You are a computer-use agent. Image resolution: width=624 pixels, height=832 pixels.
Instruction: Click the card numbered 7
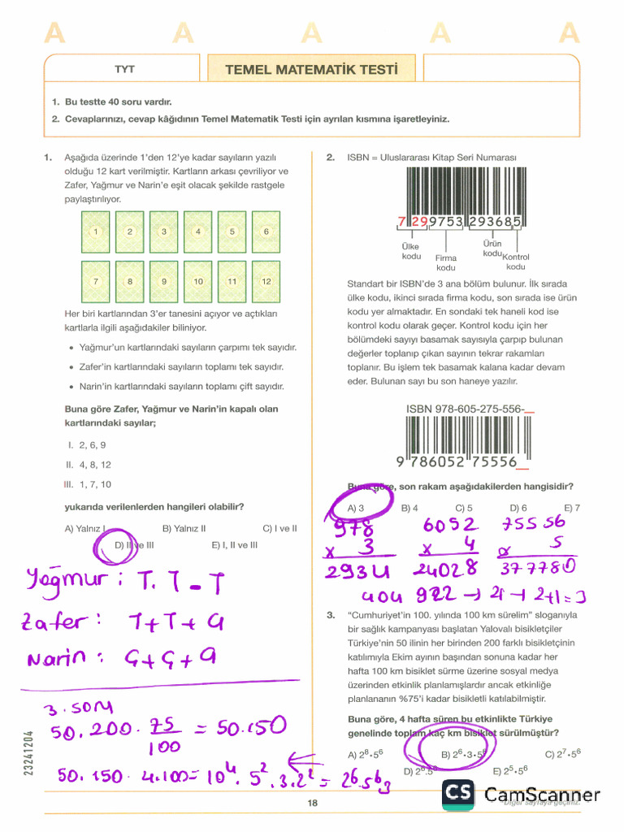96,281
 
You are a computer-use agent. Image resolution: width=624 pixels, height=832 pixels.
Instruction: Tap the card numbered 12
266,281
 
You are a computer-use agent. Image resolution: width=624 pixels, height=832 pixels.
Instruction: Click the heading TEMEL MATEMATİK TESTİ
311,70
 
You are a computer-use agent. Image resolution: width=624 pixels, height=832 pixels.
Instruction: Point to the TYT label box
124,70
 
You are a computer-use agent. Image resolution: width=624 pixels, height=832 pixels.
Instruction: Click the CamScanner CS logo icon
459,795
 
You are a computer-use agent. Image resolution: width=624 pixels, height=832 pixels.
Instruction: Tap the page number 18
312,804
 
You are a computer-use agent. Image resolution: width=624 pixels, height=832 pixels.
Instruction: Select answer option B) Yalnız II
184,528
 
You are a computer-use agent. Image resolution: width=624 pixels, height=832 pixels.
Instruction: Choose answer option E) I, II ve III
234,545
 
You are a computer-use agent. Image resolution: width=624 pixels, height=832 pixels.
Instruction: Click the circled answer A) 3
355,508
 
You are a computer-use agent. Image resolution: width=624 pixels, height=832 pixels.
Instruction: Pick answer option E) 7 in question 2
572,508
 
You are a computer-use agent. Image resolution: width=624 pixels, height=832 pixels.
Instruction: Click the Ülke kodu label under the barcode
411,251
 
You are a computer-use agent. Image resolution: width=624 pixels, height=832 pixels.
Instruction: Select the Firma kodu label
446,262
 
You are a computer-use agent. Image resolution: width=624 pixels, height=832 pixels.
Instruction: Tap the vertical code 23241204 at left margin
29,752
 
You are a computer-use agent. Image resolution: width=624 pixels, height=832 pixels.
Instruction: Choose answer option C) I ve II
279,528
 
